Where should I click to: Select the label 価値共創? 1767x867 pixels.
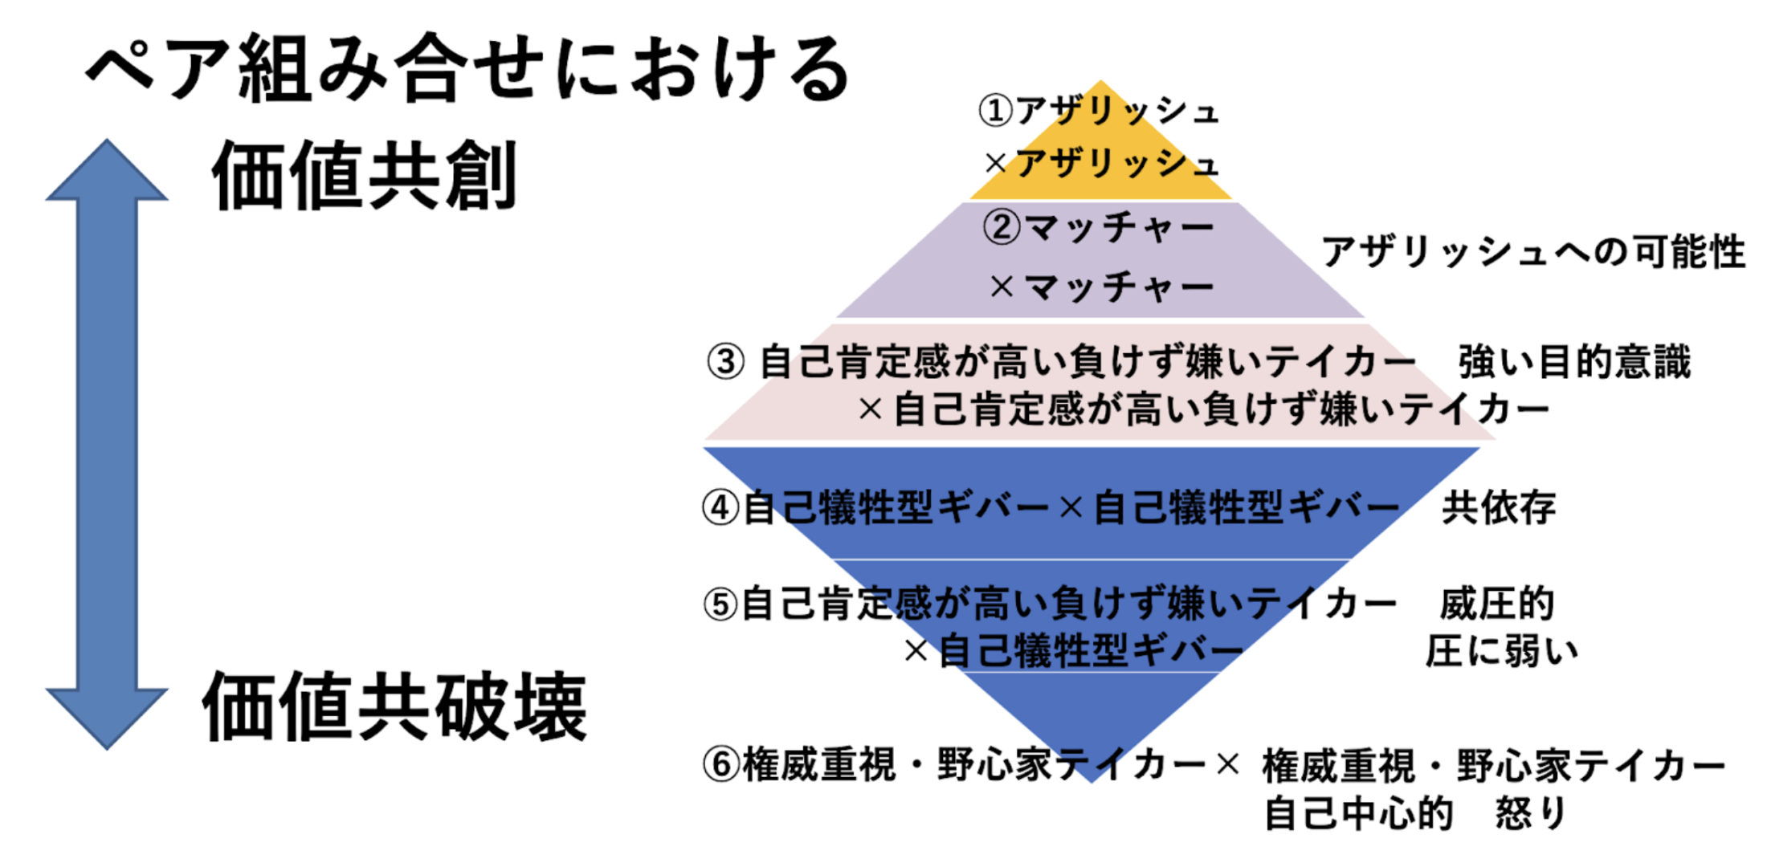click(364, 176)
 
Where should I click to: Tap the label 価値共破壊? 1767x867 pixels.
click(394, 706)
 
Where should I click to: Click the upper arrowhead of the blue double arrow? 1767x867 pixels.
click(107, 173)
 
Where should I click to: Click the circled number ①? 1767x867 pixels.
click(995, 111)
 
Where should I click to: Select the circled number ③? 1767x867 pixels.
click(726, 361)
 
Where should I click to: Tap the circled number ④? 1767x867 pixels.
click(720, 507)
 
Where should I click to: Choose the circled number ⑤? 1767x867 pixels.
click(720, 604)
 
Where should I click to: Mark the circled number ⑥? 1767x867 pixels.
click(720, 764)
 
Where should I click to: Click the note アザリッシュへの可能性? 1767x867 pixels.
click(1532, 252)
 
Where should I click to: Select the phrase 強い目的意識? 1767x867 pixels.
click(1574, 361)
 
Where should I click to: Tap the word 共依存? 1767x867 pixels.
click(1499, 507)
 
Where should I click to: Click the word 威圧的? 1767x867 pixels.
click(1497, 604)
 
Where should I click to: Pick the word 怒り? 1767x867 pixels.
click(1531, 813)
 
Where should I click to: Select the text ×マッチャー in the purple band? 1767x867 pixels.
click(1101, 287)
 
